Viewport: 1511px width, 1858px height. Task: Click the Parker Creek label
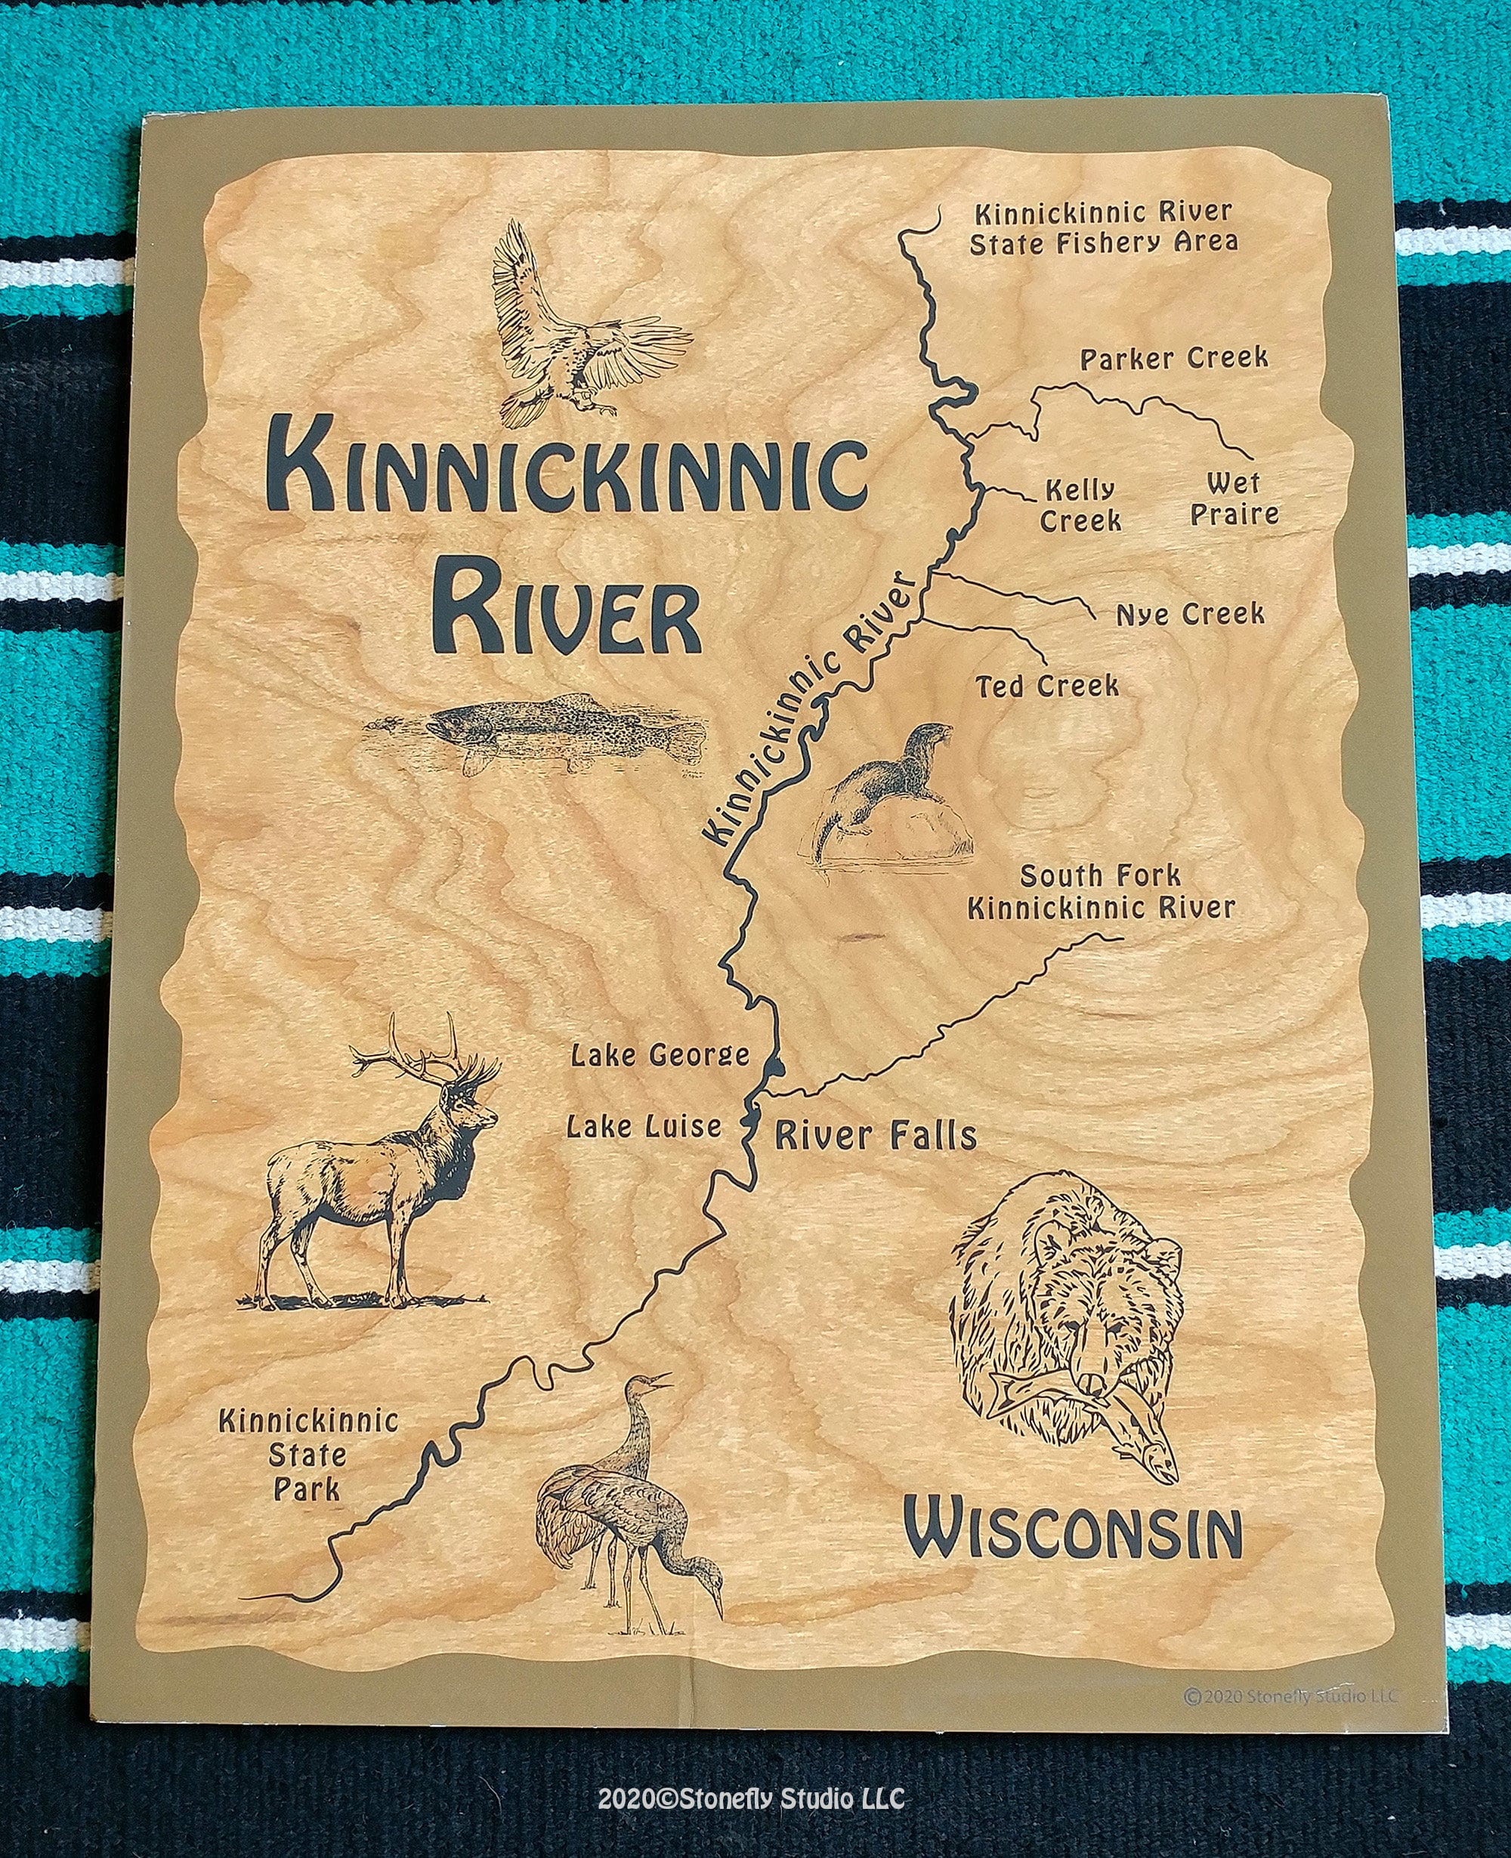point(1173,359)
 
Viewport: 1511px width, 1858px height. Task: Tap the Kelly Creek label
point(1080,505)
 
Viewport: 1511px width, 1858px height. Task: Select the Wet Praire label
point(1233,498)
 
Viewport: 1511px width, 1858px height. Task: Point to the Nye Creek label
point(1190,614)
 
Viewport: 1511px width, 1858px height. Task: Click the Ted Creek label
point(1047,687)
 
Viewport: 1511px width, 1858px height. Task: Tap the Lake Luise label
point(644,1127)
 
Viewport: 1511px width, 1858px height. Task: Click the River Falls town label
point(876,1135)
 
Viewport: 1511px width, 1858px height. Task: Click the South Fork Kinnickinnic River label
point(1101,892)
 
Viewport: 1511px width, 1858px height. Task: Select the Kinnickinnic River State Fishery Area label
point(1103,227)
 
